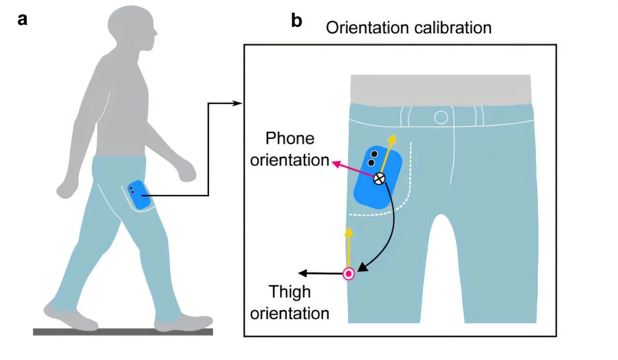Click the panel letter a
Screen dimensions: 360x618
click(x=22, y=20)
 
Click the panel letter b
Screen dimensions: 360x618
click(x=296, y=21)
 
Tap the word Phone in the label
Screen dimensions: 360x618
click(x=290, y=138)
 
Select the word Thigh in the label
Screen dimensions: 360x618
click(x=290, y=292)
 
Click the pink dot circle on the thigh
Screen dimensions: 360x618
click(x=349, y=274)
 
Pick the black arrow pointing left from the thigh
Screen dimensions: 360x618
click(x=321, y=274)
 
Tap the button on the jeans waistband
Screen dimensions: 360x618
click(x=441, y=117)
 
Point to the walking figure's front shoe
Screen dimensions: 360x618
click(x=186, y=322)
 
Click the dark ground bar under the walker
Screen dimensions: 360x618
click(x=123, y=332)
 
